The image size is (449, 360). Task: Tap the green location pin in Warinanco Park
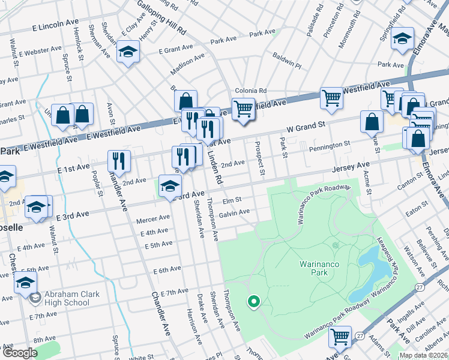click(253, 302)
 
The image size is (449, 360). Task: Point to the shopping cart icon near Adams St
click(340, 337)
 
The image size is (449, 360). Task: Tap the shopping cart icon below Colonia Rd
click(243, 110)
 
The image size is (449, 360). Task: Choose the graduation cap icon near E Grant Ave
click(127, 53)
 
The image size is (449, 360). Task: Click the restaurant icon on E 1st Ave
click(118, 160)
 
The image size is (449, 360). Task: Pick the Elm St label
click(232, 200)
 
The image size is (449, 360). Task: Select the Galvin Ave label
click(234, 212)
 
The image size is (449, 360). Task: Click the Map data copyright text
click(423, 355)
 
